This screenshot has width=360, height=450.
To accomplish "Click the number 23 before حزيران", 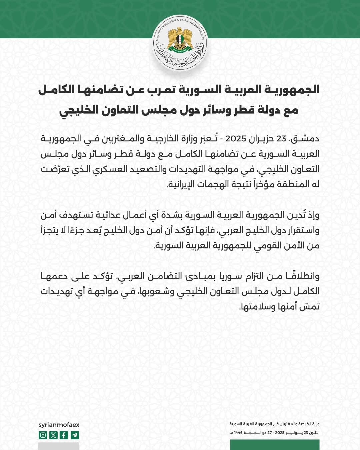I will point(281,139).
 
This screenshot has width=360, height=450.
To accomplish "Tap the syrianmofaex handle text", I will point(59,425).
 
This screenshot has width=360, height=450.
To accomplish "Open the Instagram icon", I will point(43,435).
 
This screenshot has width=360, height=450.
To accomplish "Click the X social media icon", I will point(53,435).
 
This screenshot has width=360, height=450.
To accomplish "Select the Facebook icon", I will point(64,435).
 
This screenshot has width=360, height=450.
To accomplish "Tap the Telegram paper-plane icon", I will point(75,435).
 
